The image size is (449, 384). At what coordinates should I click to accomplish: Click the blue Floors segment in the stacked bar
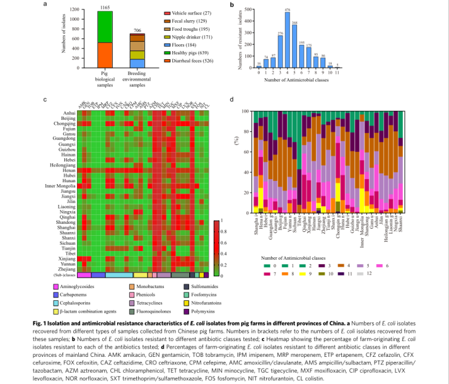pos(137,63)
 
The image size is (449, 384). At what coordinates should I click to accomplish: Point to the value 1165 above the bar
pos(105,6)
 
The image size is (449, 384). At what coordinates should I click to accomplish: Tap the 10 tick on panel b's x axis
pos(330,73)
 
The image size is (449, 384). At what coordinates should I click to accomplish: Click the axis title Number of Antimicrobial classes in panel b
pos(296,80)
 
